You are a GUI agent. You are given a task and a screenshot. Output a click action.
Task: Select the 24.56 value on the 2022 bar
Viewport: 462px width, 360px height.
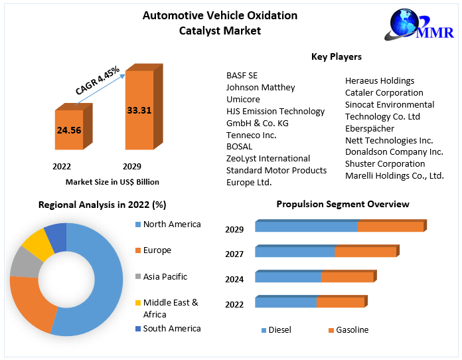tap(69, 130)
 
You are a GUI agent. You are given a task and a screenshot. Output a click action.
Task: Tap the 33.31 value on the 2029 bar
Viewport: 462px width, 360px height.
tap(139, 110)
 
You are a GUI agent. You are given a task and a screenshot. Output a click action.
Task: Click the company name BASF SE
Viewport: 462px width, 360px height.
tap(242, 76)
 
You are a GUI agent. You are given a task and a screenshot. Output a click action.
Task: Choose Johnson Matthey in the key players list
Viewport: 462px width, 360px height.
tap(260, 88)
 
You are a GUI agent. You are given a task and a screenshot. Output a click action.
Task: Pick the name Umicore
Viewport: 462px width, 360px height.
tap(243, 100)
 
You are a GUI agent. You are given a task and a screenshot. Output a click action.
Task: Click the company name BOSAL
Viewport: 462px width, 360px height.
tap(240, 147)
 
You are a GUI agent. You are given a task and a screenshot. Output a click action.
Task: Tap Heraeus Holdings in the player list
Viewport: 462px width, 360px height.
tap(379, 81)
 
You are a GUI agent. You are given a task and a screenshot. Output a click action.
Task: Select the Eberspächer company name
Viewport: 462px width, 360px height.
tap(369, 128)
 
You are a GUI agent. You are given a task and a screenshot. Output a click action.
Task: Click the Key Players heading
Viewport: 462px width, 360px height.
tap(336, 57)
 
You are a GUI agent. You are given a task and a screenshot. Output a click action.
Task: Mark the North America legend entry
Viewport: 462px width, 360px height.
tap(171, 225)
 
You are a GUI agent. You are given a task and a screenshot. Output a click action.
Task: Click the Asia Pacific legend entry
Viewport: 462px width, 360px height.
tap(165, 276)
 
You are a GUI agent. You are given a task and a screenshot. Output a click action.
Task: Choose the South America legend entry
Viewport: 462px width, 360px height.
tap(171, 328)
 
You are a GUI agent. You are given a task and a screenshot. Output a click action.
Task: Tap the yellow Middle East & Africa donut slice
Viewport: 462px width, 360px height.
tap(38, 244)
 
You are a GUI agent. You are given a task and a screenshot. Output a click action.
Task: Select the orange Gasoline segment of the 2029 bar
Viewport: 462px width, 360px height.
tap(390, 226)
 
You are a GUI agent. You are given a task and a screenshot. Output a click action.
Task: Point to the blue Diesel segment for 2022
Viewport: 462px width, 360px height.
tap(285, 302)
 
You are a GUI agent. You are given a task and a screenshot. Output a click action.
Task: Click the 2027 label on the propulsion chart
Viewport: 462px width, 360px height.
tap(234, 254)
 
